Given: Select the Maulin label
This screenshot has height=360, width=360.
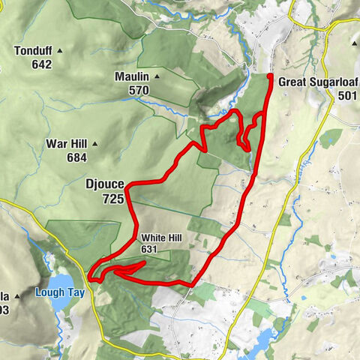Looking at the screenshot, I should click(x=131, y=77).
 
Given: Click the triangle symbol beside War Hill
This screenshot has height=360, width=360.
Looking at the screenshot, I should click(x=94, y=143).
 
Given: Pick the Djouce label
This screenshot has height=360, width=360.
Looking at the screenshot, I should click(x=104, y=182).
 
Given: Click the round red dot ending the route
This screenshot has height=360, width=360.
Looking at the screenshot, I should click(x=270, y=76).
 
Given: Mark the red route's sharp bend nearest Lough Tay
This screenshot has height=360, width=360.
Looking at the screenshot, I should click(x=90, y=279).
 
